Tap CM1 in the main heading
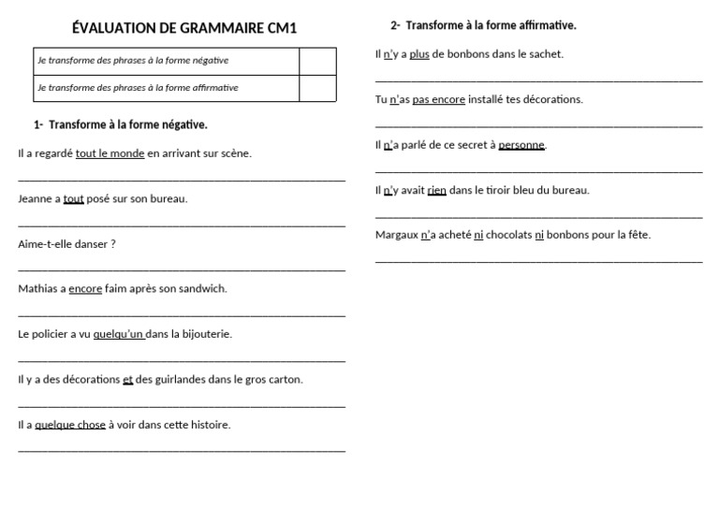coord(279,28)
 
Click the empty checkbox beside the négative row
coord(317,61)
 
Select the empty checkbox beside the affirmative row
coord(317,88)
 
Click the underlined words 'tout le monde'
coord(110,153)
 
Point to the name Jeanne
coord(34,198)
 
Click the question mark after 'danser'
coord(112,244)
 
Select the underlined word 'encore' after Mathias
coord(85,289)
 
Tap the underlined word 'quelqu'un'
coord(119,334)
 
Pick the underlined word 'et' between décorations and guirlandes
coord(127,379)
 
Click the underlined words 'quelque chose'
coord(70,425)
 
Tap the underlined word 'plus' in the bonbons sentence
coord(419,54)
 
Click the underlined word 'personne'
coord(521,145)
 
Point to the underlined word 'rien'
coord(436,190)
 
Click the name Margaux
coord(396,235)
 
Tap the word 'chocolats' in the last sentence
coord(508,235)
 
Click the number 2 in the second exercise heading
coord(394,25)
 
